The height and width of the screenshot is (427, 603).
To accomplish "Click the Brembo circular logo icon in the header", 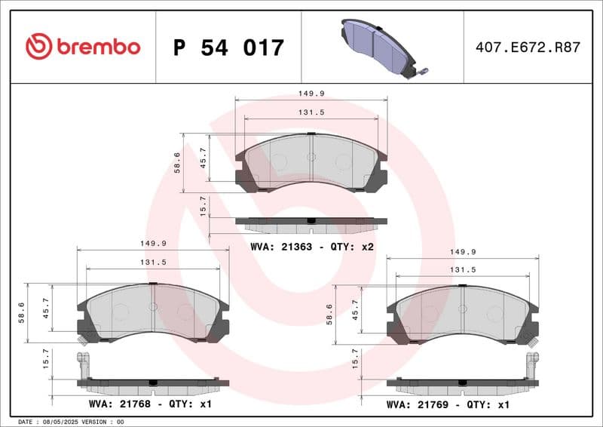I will coord(38,47).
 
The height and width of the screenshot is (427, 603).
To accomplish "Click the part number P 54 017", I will coord(228,48).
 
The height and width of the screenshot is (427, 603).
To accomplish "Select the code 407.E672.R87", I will coord(528,47).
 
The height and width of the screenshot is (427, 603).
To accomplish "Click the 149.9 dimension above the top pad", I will coord(310,94).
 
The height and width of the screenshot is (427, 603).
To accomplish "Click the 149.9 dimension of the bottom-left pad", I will coord(152,244).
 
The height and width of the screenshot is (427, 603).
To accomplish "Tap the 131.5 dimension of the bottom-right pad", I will coord(462,269).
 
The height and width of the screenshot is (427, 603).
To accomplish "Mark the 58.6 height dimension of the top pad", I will coord(176,163).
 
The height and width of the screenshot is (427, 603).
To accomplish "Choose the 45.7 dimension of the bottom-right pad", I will coord(355,310).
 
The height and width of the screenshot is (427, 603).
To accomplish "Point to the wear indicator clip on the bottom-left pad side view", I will coord(83,361).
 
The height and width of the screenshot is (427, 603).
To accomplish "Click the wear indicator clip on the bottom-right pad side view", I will coord(532,361).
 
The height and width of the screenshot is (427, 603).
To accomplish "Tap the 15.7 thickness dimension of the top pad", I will coord(203,205).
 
